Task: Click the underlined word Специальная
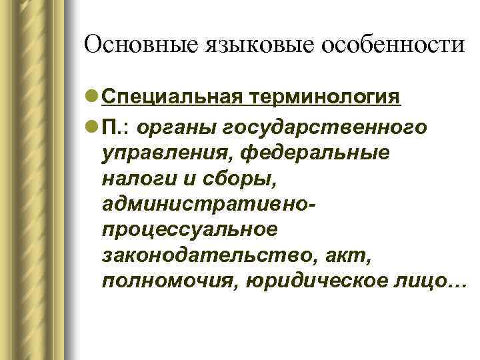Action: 174,98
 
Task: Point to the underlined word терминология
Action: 326,98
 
